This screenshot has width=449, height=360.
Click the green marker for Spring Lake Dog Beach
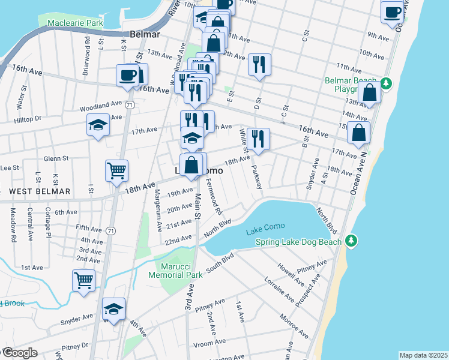click(352, 241)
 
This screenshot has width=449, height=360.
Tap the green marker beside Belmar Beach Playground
click(387, 83)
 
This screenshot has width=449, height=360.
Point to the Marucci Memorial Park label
click(178, 270)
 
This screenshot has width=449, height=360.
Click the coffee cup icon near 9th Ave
click(393, 13)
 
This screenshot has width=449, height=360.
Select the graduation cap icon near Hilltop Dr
click(98, 125)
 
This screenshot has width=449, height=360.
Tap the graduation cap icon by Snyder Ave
click(113, 309)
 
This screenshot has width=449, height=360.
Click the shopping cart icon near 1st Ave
click(84, 280)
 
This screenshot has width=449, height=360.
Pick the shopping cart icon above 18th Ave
click(117, 170)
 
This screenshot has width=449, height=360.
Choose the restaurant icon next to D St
click(259, 64)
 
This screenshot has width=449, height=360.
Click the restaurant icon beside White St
click(258, 139)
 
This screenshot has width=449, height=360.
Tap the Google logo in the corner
click(19, 353)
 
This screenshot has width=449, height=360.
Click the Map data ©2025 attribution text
click(423, 355)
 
